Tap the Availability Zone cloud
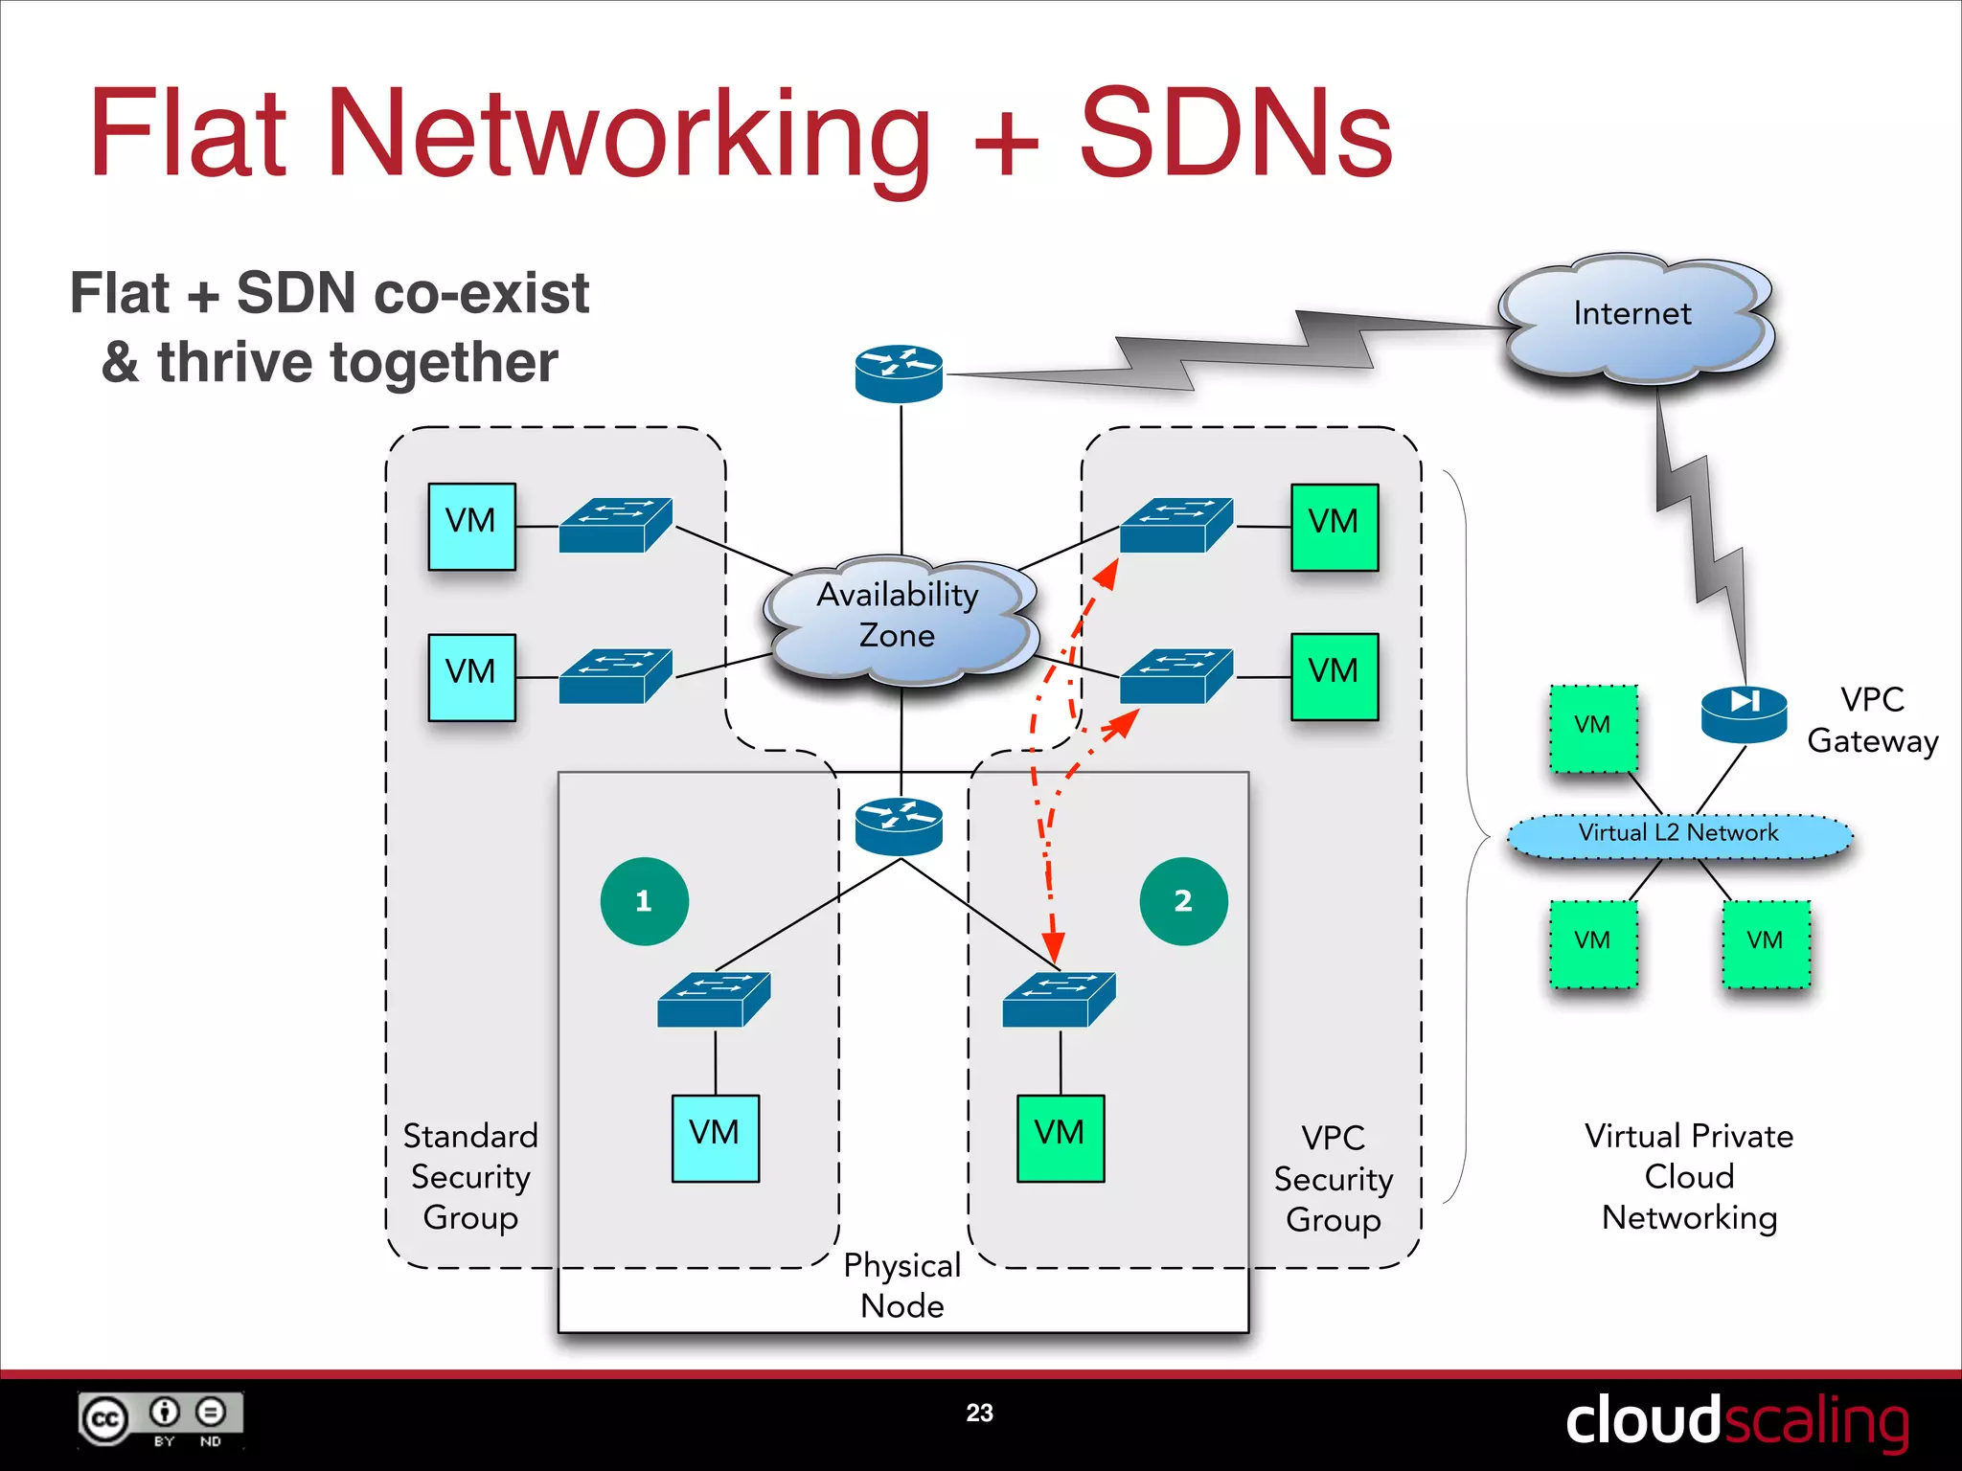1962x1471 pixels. pyautogui.click(x=899, y=618)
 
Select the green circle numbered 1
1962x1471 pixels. pyautogui.click(x=644, y=901)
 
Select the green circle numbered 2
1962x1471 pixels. pyautogui.click(x=1183, y=901)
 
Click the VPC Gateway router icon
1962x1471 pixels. pyautogui.click(x=1744, y=713)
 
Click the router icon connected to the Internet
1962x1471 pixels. pyautogui.click(x=899, y=373)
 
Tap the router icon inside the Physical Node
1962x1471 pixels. pyautogui.click(x=899, y=826)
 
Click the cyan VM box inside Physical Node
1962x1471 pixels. pyautogui.click(x=715, y=1138)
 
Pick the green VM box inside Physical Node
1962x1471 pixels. pyautogui.click(x=1060, y=1138)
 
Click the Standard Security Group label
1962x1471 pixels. pyautogui.click(x=470, y=1176)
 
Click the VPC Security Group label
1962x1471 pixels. pyautogui.click(x=1333, y=1179)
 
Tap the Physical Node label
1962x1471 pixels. pyautogui.click(x=901, y=1286)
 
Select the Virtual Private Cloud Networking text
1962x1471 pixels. pyautogui.click(x=1689, y=1176)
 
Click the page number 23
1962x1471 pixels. pyautogui.click(x=979, y=1413)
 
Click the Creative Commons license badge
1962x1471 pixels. pyautogui.click(x=161, y=1419)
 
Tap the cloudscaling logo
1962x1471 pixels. pyautogui.click(x=1737, y=1420)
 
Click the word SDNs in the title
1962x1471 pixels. pyautogui.click(x=1236, y=134)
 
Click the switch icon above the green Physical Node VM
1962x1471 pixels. pyautogui.click(x=1059, y=999)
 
